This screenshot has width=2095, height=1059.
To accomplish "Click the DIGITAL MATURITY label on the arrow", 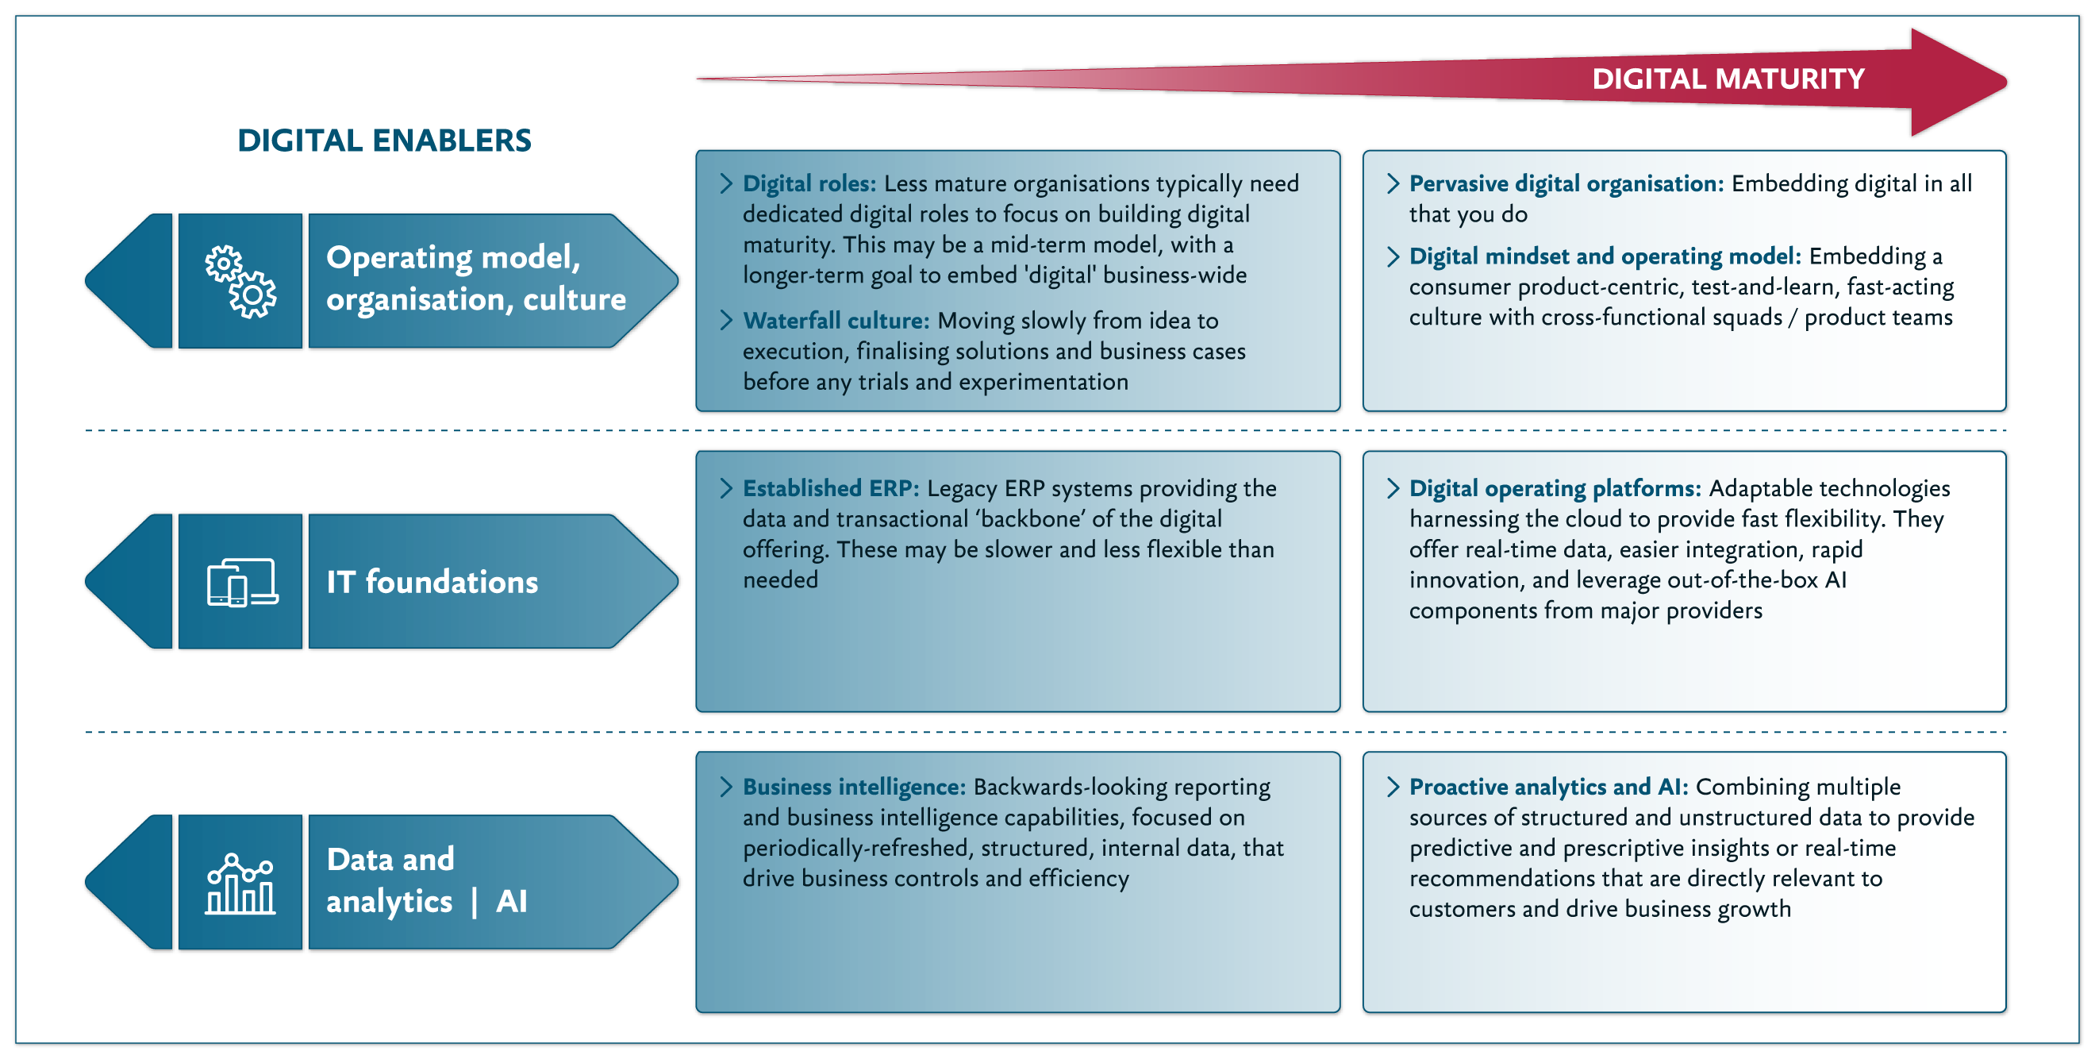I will pos(1728,79).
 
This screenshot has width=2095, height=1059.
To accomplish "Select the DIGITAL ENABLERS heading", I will pos(384,141).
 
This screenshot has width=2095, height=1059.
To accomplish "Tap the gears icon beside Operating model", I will pos(240,282).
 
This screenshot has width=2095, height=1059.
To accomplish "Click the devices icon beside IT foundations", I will pos(240,582).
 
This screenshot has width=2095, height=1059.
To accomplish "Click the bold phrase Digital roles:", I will pos(809,184).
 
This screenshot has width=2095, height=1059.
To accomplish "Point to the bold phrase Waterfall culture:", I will pos(836,321).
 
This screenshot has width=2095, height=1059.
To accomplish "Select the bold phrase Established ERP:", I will pos(830,488).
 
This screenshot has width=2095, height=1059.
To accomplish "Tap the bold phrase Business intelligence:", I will pos(853,787).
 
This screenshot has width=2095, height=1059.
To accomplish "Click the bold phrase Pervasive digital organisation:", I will pos(1566,184).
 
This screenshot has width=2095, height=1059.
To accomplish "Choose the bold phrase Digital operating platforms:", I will pos(1554,488).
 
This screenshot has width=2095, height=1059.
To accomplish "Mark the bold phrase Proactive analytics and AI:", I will pos(1547,787).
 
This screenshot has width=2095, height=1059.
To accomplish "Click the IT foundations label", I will pos(432,582).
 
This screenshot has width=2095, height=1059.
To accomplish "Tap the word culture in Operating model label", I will pos(575,299).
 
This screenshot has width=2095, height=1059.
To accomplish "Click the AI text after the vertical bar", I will pos(512,901).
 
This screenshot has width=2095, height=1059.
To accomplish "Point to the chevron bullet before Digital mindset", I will pos(1393,257).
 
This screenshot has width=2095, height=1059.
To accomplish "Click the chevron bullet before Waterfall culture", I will pos(726,321).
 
